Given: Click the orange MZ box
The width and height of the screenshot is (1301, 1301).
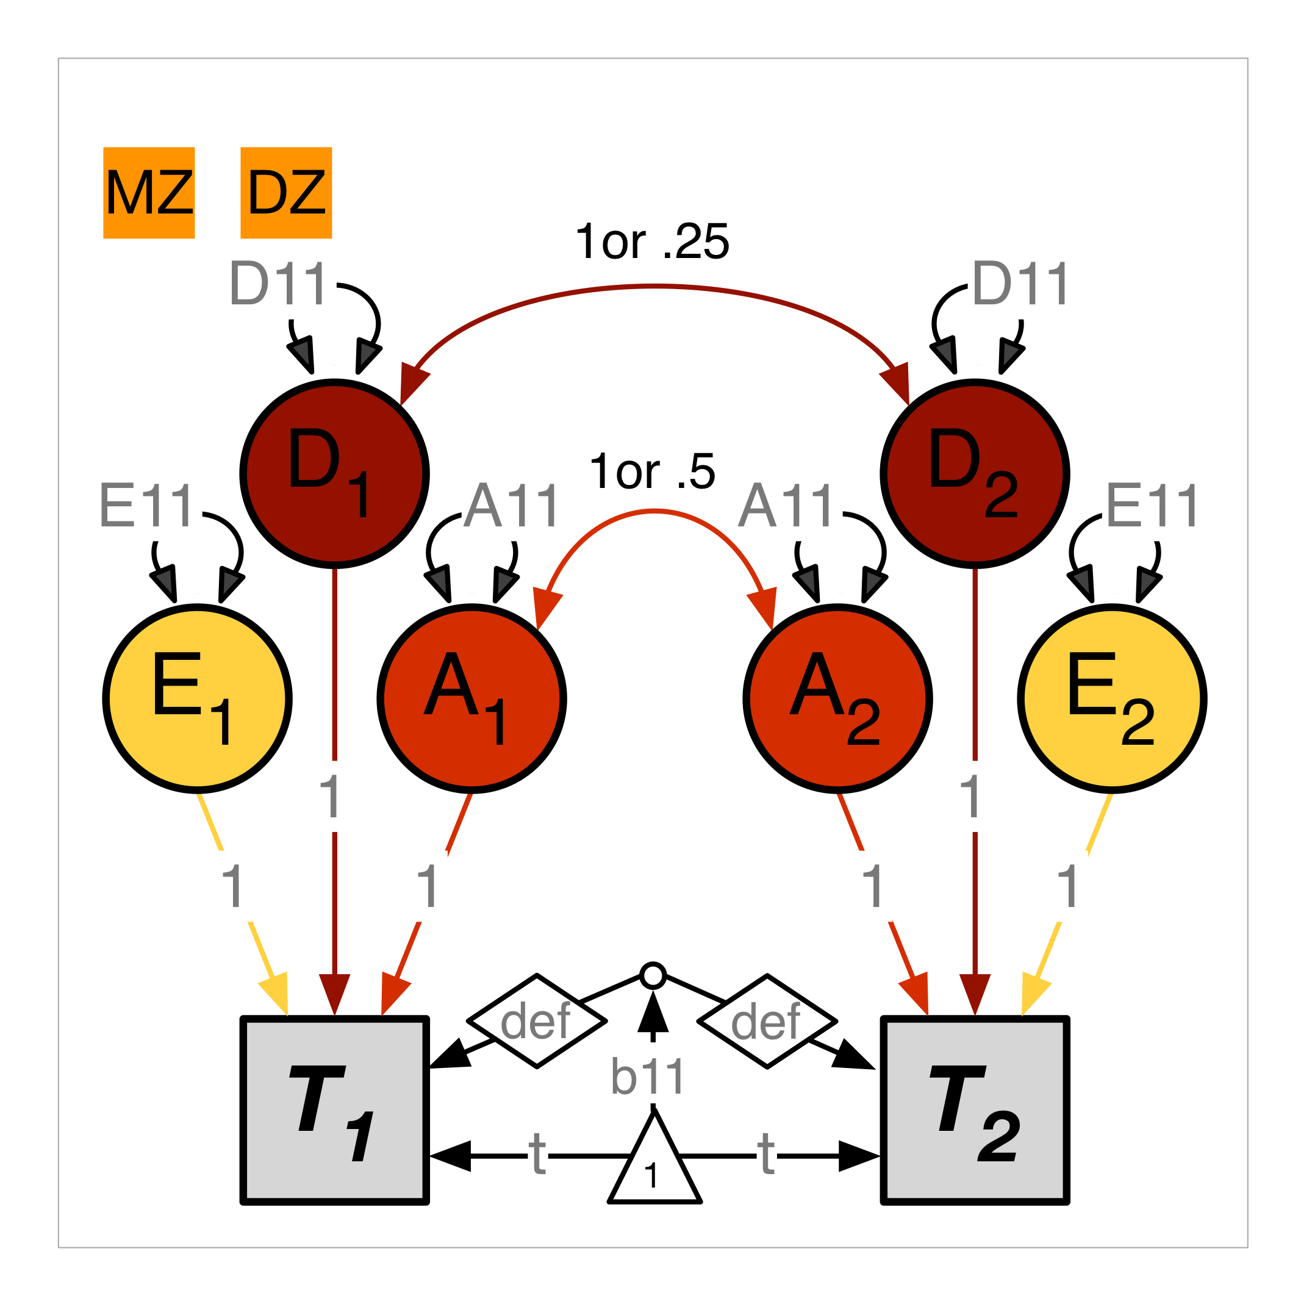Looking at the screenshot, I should pyautogui.click(x=149, y=193).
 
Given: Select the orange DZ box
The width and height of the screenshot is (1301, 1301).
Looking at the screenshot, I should pyautogui.click(x=286, y=193).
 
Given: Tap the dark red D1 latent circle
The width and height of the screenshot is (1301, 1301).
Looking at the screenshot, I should pyautogui.click(x=335, y=473).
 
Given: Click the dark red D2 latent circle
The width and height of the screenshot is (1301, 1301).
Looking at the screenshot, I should pyautogui.click(x=975, y=473).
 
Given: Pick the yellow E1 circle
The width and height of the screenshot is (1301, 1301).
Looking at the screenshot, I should pyautogui.click(x=197, y=698).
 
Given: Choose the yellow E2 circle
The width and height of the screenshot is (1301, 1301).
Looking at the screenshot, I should pyautogui.click(x=1112, y=698).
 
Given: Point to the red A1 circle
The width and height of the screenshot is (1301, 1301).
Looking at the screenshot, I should pyautogui.click(x=471, y=698).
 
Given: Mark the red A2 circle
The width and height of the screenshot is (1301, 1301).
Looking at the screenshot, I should pyautogui.click(x=837, y=698).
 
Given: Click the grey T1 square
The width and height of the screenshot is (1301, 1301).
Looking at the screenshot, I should pyautogui.click(x=335, y=1109).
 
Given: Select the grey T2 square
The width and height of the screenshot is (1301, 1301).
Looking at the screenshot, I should pyautogui.click(x=975, y=1109).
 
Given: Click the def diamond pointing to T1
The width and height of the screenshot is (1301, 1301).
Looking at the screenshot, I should pyautogui.click(x=537, y=1021).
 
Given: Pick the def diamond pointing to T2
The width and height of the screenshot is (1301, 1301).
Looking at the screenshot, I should pyautogui.click(x=767, y=1021).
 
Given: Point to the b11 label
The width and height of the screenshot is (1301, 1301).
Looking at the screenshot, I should pyautogui.click(x=648, y=1077).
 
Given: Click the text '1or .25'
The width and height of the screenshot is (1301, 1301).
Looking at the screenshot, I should pyautogui.click(x=652, y=242).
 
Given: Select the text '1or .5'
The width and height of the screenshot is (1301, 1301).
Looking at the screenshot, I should pyautogui.click(x=652, y=471).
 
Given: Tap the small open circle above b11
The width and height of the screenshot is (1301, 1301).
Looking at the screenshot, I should pyautogui.click(x=653, y=975).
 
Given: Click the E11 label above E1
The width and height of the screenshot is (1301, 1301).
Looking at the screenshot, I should pyautogui.click(x=147, y=506).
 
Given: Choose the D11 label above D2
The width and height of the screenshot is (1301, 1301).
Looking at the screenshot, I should pyautogui.click(x=1020, y=284).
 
